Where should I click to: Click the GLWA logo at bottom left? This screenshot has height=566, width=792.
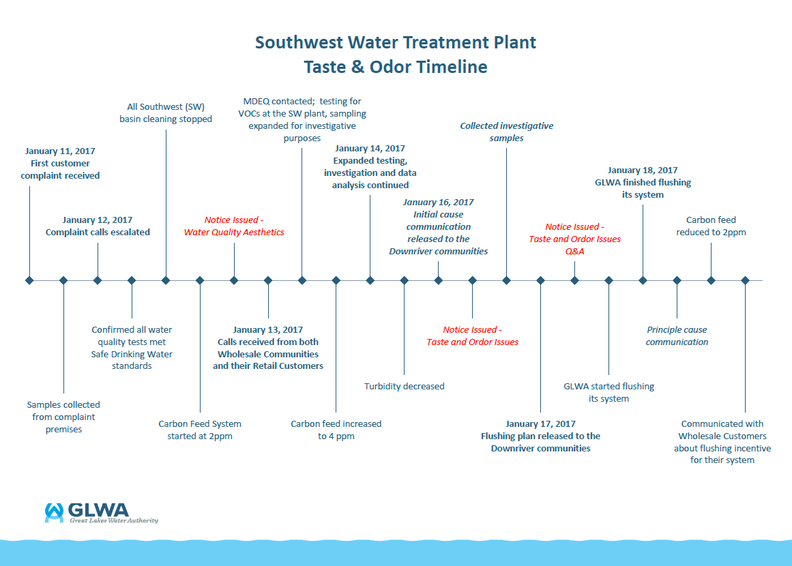tap(101, 513)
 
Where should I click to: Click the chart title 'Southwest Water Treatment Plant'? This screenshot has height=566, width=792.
tap(396, 42)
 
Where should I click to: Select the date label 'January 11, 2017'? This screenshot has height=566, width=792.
tap(60, 151)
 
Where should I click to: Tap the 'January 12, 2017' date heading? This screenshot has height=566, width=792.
tap(98, 220)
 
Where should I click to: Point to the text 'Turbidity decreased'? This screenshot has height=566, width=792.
tap(404, 386)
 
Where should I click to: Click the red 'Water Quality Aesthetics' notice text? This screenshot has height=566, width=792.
tap(234, 233)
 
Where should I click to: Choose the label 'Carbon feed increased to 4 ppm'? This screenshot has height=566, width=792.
tap(336, 430)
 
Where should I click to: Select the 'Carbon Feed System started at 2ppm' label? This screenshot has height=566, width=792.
tap(200, 430)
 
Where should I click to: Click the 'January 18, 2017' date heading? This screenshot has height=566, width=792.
tap(643, 170)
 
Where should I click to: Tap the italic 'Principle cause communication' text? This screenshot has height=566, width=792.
tap(677, 336)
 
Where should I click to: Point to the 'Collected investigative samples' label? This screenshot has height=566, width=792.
tap(506, 132)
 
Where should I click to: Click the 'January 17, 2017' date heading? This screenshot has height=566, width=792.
tap(541, 423)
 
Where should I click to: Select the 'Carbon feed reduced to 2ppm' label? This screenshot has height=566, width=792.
tap(711, 226)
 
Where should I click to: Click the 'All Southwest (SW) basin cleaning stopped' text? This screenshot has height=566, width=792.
tap(166, 113)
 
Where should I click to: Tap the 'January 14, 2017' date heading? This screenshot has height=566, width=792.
tap(370, 148)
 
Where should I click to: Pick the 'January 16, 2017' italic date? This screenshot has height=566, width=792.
tap(438, 202)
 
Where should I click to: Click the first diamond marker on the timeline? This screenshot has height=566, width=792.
tap(29, 280)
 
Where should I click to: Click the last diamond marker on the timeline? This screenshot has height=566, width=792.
tap(745, 280)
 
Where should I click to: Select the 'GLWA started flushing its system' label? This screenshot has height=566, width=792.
tap(608, 392)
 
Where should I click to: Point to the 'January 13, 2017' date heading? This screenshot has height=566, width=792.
tap(268, 329)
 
